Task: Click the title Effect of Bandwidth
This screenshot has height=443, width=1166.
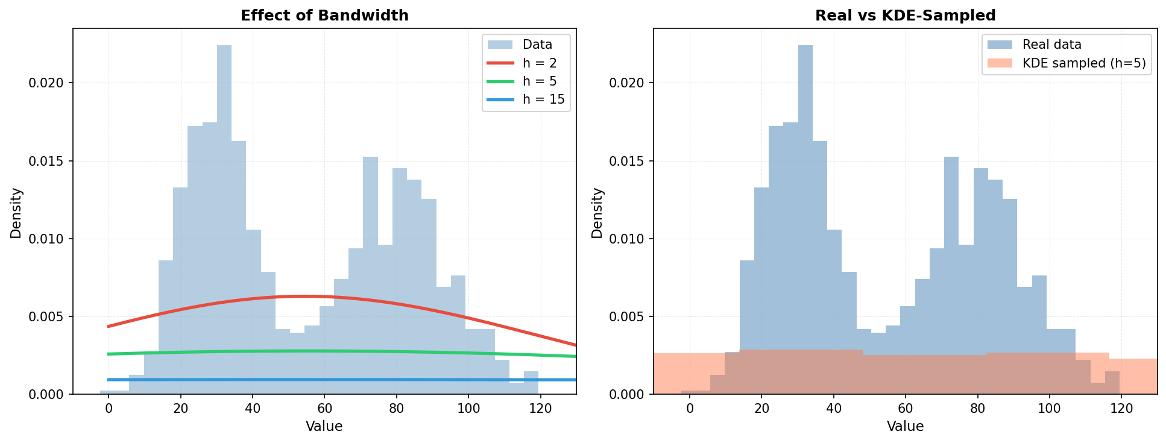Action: (324, 16)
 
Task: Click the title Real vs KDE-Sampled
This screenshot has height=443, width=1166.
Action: (905, 16)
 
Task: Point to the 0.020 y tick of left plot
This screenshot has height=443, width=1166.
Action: (45, 83)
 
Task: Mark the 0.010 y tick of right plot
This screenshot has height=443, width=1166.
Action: (626, 239)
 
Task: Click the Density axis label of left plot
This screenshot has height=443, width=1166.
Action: (16, 212)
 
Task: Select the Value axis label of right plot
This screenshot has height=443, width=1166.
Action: (905, 427)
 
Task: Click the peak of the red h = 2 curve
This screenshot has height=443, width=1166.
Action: (303, 296)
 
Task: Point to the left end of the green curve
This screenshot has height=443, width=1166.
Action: (109, 354)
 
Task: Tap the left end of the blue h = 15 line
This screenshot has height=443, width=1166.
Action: (109, 380)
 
